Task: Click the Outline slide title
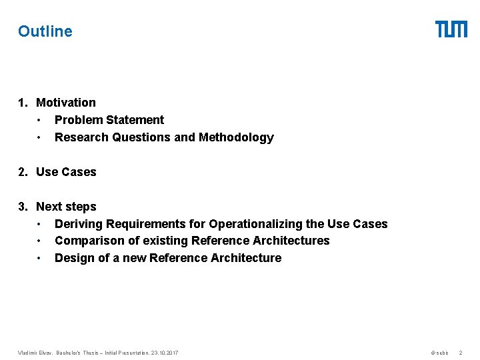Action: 45,31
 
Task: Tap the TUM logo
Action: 451,29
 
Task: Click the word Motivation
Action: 66,103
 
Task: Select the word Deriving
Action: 79,224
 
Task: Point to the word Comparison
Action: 85,241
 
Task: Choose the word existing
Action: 165,241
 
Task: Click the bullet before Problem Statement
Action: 40,120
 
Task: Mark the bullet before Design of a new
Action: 40,258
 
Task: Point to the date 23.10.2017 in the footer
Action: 164,352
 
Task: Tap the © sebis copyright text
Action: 439,352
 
